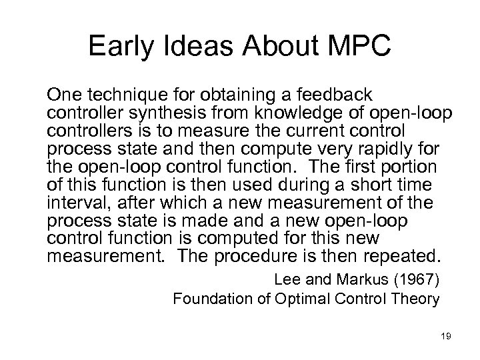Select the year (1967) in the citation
click(412, 281)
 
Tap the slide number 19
click(445, 337)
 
